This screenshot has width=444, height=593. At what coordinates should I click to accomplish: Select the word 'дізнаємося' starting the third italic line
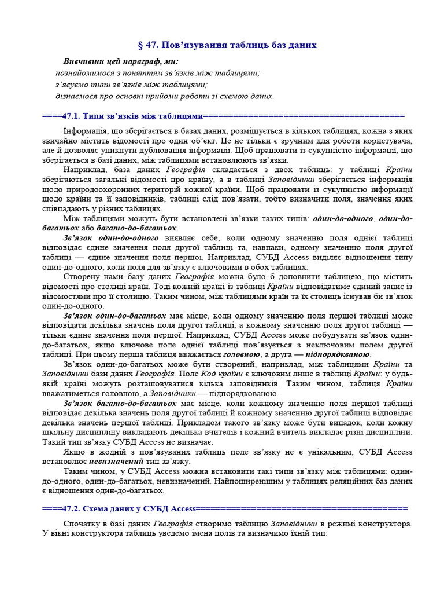click(75, 96)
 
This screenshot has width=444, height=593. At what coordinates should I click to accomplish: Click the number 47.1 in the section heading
click(68, 115)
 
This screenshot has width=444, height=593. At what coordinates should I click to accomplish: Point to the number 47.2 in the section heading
click(68, 508)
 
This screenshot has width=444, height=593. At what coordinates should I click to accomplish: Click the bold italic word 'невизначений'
click(115, 462)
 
